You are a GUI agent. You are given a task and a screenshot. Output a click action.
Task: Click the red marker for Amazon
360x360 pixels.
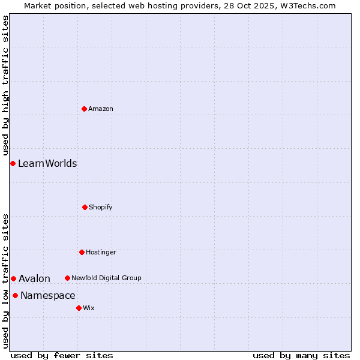coord(84,109)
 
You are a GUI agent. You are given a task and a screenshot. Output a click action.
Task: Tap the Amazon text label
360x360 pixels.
coord(101,109)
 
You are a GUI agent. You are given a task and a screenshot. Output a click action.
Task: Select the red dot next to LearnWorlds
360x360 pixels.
coord(13,163)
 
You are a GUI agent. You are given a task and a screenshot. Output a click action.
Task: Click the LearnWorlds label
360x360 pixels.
coord(47,163)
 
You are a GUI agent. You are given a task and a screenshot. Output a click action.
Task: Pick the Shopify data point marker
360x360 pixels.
coord(85,207)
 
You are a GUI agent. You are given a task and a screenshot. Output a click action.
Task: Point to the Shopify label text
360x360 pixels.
coord(101,207)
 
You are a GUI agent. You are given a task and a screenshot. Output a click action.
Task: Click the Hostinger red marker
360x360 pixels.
coord(82,252)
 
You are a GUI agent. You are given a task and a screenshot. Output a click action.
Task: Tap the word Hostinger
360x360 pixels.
coord(101,252)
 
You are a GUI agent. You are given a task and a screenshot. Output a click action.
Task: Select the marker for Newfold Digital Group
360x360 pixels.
coord(67,278)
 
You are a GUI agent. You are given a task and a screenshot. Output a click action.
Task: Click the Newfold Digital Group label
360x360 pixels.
coord(106,278)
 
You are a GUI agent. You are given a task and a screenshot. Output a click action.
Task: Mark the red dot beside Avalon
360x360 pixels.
coord(13,278)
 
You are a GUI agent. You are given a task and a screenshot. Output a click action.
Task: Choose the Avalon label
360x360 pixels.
coord(34,278)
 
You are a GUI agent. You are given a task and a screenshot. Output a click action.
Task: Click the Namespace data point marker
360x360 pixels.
coord(15,295)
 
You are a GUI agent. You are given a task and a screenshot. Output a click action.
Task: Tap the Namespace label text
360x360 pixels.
coord(48,295)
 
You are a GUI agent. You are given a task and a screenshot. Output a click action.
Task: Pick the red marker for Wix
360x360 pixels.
coord(79,308)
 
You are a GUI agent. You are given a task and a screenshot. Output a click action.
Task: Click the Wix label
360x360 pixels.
coord(89,308)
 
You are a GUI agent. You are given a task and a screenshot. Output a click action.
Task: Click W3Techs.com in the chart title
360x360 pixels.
coord(310,5)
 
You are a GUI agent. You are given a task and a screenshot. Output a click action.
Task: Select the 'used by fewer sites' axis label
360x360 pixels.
coord(62,355)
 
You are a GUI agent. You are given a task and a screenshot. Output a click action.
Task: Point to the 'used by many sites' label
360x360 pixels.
coord(301,355)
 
